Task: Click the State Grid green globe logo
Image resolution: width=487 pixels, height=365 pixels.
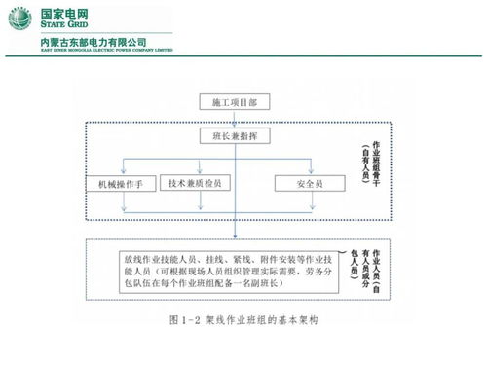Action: click(19, 18)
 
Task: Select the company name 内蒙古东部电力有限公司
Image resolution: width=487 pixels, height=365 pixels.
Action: click(93, 42)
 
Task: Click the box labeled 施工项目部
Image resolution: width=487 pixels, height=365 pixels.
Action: click(235, 101)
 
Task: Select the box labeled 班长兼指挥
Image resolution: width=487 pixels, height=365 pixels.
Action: click(235, 137)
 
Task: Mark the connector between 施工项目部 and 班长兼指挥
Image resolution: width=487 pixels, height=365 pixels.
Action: click(235, 119)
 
